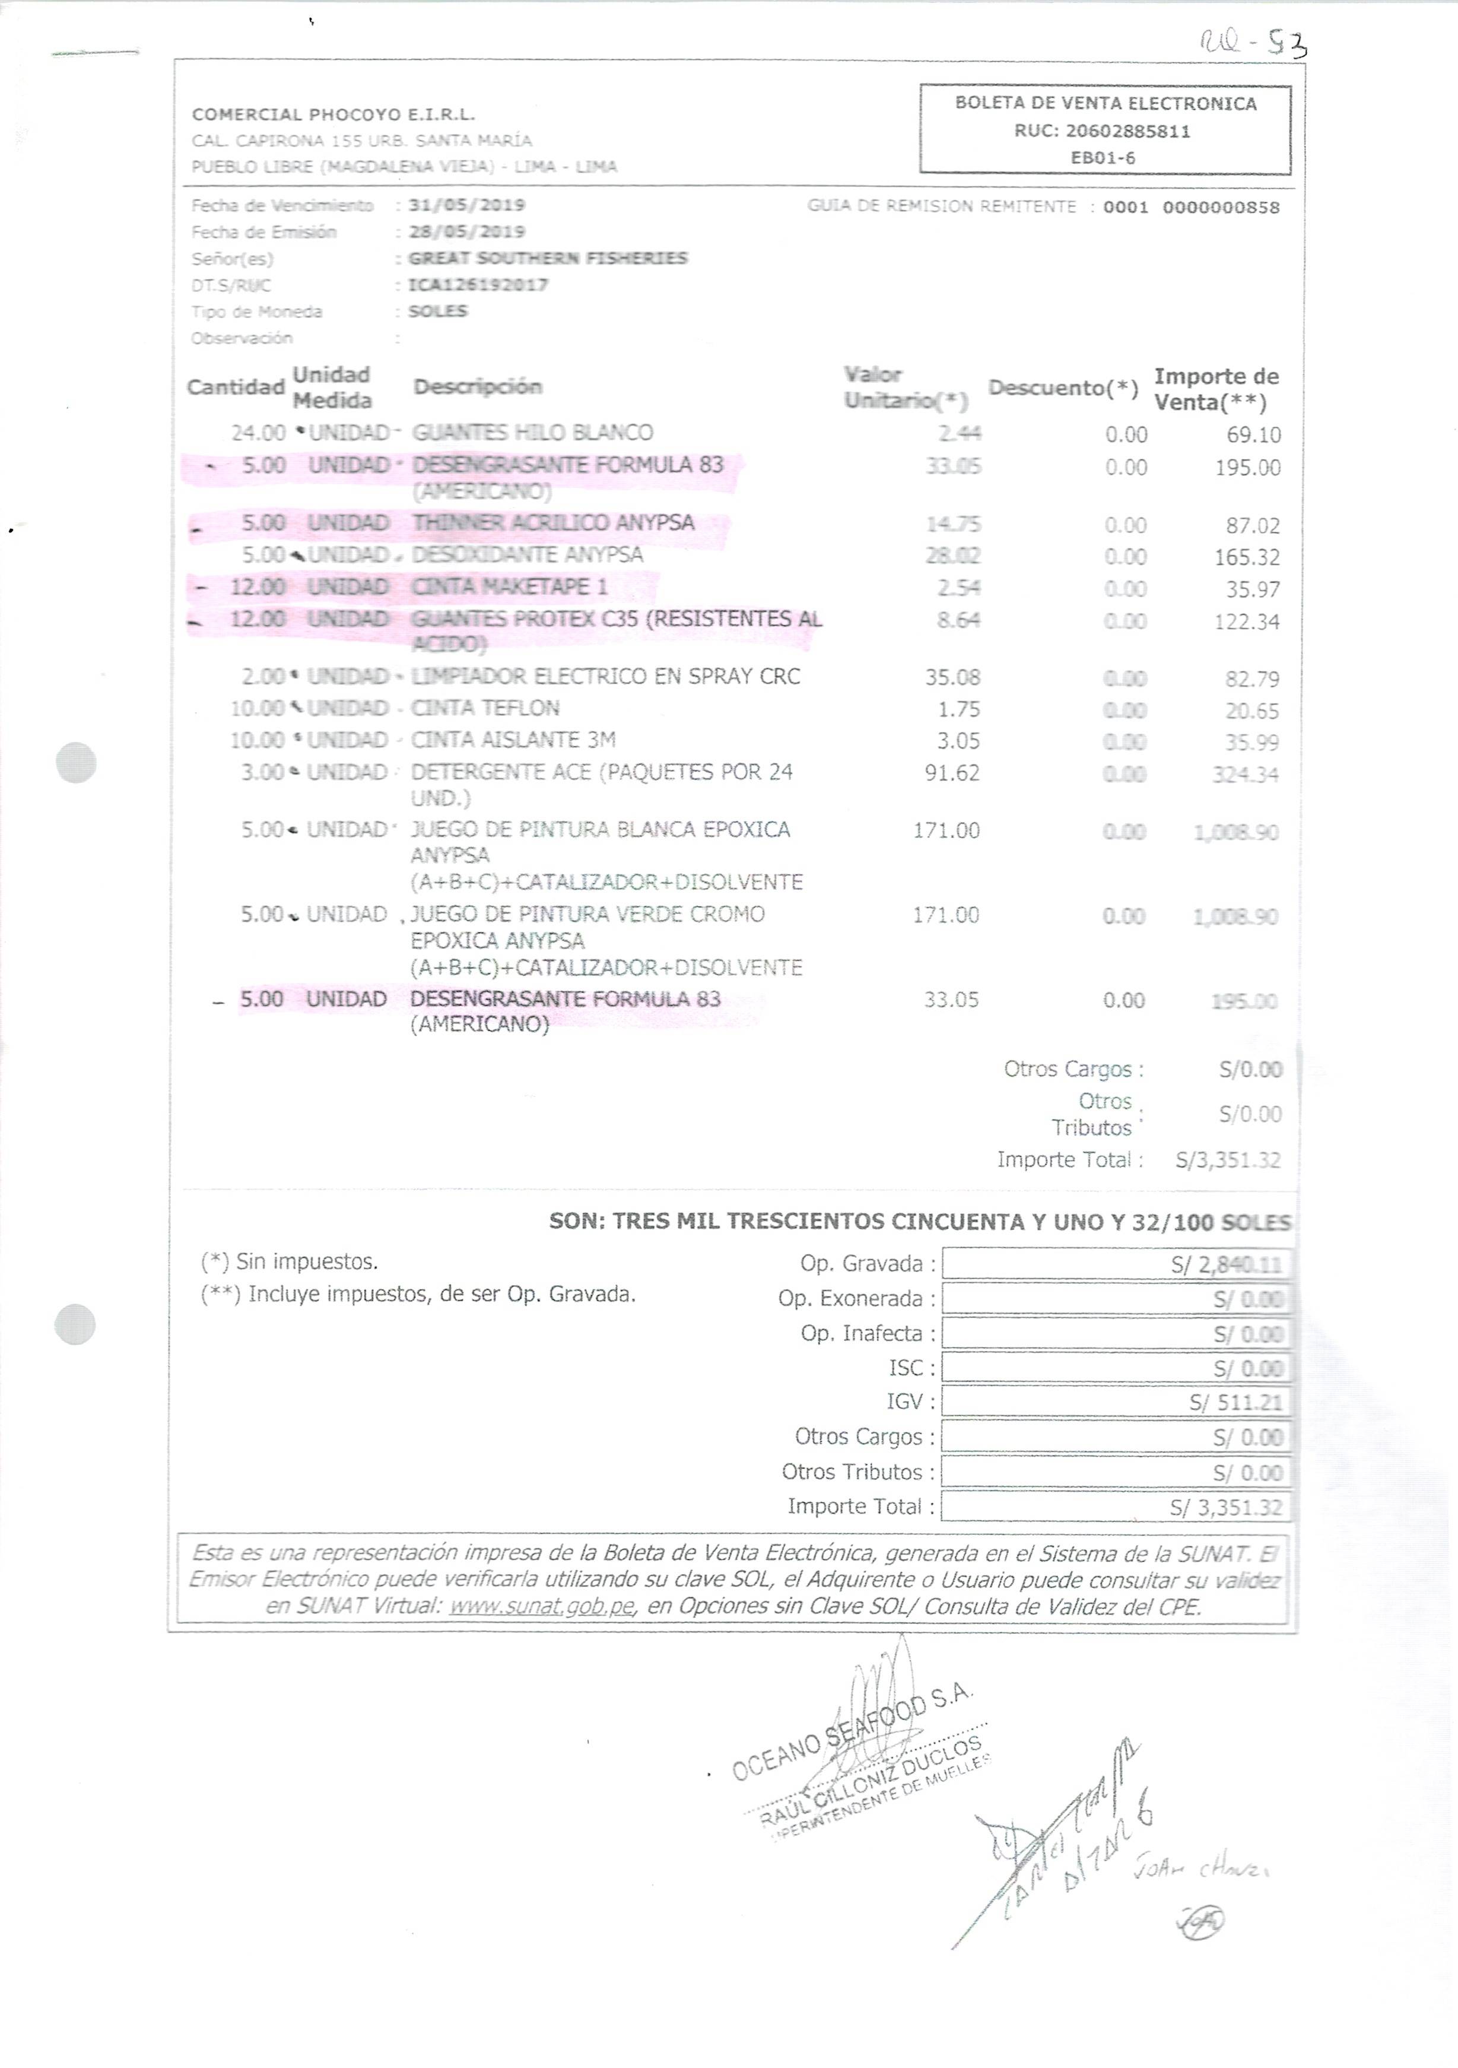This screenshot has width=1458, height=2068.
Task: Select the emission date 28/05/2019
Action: click(466, 232)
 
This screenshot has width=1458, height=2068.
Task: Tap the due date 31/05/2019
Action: click(466, 205)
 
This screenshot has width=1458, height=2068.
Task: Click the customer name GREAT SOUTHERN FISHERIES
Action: click(548, 259)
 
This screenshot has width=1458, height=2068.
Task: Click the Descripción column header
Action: click(477, 387)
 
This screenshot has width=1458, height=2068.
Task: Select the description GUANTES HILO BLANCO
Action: click(532, 433)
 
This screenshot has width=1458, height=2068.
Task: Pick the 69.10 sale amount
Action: click(1253, 436)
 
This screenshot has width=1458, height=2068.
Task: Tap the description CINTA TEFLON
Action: click(485, 709)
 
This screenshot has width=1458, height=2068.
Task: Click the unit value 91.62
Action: click(952, 773)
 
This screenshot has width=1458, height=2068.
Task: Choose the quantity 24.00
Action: click(259, 433)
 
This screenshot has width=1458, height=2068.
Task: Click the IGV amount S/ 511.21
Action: click(1235, 1403)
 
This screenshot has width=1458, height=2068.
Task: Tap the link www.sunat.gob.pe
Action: click(543, 1606)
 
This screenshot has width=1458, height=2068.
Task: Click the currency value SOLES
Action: click(438, 312)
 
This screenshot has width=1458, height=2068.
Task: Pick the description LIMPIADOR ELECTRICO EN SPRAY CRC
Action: click(605, 677)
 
